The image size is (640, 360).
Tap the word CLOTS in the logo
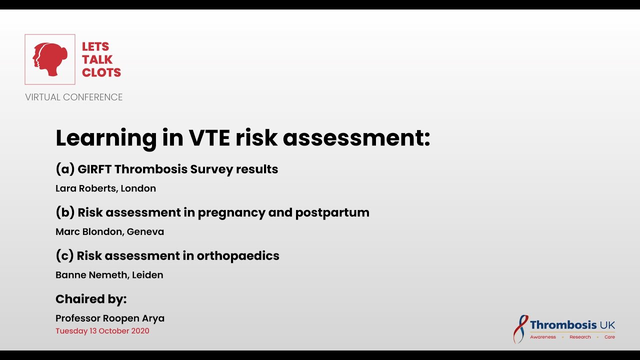pyautogui.click(x=101, y=72)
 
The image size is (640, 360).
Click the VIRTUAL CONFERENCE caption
pyautogui.click(x=74, y=97)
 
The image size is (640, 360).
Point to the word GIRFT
pyautogui.click(x=94, y=169)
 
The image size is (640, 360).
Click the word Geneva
pyautogui.click(x=145, y=231)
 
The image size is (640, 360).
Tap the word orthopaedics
pyautogui.click(x=238, y=255)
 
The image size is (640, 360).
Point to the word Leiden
pyautogui.click(x=147, y=275)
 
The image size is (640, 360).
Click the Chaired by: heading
pyautogui.click(x=91, y=299)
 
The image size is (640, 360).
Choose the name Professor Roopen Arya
pyautogui.click(x=110, y=318)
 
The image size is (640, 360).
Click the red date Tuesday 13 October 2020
pyautogui.click(x=102, y=331)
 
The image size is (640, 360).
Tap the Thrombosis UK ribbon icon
pyautogui.click(x=521, y=328)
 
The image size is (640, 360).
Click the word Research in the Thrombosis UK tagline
pyautogui.click(x=580, y=337)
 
